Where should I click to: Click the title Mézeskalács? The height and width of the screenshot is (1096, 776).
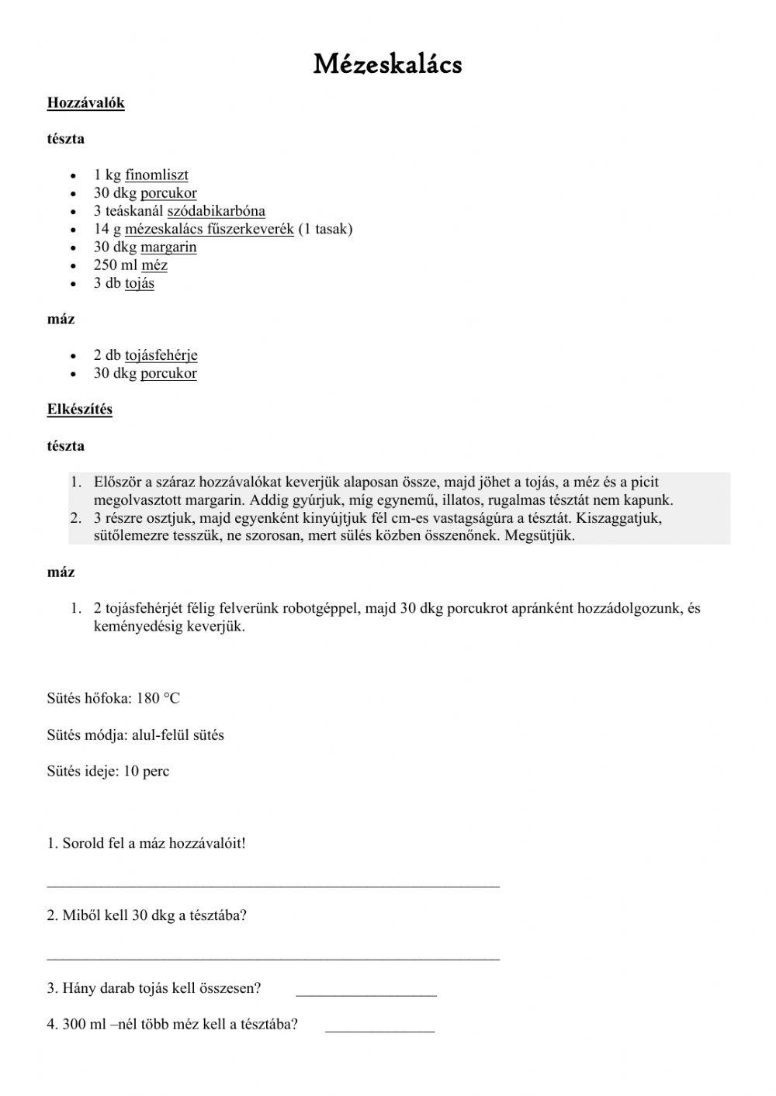[387, 64]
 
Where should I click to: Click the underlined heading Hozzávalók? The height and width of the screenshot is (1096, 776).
[85, 102]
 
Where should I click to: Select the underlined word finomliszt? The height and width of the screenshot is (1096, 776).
[157, 175]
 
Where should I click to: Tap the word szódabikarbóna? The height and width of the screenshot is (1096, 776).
[216, 211]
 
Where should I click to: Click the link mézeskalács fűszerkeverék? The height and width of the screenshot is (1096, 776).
[210, 229]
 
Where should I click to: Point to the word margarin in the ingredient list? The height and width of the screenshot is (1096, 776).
[168, 247]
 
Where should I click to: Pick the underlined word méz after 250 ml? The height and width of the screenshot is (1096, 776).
[154, 265]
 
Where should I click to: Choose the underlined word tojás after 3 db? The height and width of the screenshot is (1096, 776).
[140, 283]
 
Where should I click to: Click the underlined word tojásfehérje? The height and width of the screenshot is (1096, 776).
[161, 355]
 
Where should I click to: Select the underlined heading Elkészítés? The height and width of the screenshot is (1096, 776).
[79, 409]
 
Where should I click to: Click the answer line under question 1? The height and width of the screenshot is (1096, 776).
[273, 883]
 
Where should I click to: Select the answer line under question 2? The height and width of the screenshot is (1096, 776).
[273, 956]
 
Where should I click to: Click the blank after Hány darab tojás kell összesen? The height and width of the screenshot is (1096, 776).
[366, 992]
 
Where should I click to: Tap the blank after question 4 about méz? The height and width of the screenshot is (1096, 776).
[379, 1029]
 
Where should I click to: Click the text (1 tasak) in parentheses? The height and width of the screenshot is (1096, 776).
[325, 229]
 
